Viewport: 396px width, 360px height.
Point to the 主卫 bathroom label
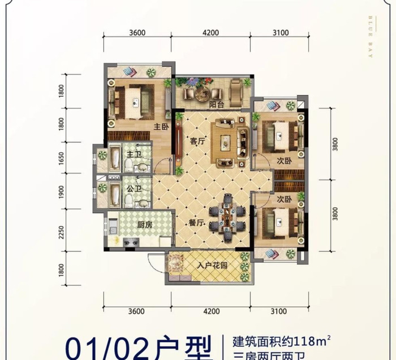click(133, 154)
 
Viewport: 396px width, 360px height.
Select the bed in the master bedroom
click(134, 102)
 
